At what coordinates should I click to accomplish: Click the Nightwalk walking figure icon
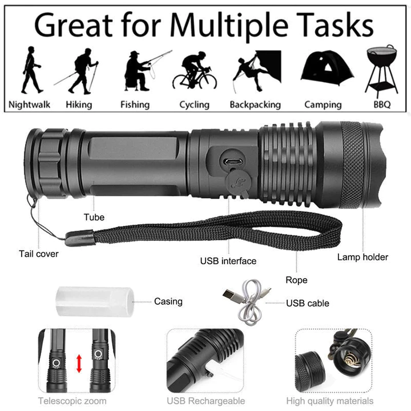tap(30, 70)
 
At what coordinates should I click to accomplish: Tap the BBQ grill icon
tap(382, 69)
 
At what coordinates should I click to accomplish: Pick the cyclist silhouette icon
tap(195, 72)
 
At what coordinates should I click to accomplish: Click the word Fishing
tap(135, 104)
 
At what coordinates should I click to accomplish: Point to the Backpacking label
tap(255, 104)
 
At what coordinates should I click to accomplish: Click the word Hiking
tap(79, 104)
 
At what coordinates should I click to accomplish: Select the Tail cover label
tap(39, 253)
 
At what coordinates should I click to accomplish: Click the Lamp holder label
tap(362, 257)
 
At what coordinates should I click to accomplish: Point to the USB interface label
tap(228, 261)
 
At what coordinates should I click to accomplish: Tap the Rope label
tap(296, 280)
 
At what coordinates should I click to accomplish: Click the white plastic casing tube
tap(94, 301)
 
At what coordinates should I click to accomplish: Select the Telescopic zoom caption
tap(72, 401)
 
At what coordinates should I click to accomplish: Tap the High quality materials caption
tap(331, 401)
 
